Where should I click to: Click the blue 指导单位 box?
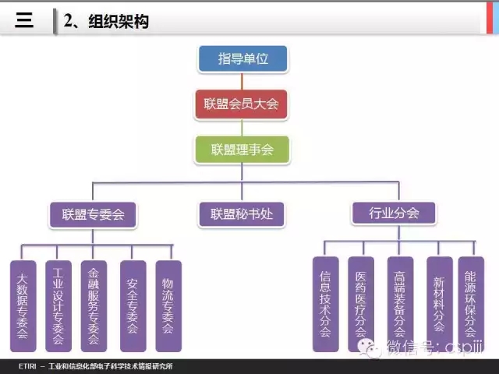click(x=242, y=58)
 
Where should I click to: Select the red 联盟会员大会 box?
click(x=242, y=103)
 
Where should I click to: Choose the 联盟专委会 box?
click(x=93, y=213)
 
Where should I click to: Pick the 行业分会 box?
click(x=395, y=213)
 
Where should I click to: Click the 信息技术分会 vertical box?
click(x=326, y=304)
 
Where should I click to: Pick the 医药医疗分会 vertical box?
click(x=361, y=304)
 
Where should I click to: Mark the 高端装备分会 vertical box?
click(x=401, y=304)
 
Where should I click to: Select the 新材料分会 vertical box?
click(x=440, y=304)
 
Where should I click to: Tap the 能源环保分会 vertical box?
click(x=471, y=304)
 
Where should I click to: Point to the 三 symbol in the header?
click(x=25, y=21)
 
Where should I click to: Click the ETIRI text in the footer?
click(x=29, y=367)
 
